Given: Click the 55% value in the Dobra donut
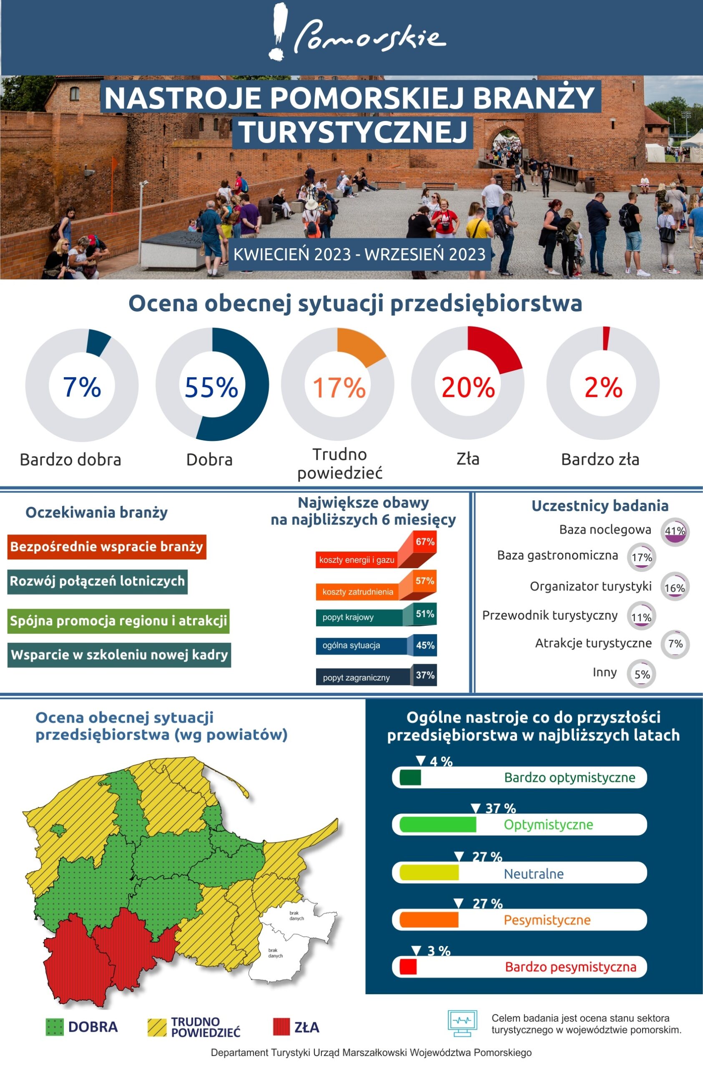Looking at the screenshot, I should [x=211, y=387].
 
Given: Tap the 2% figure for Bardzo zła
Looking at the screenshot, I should [x=603, y=387].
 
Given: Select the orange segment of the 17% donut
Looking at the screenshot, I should [x=360, y=348].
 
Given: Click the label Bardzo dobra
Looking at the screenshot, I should [x=70, y=459].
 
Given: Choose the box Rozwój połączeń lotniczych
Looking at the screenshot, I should [x=97, y=581].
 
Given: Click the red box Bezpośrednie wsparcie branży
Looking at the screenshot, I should [x=107, y=547].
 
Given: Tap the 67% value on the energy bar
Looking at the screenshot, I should [x=424, y=542].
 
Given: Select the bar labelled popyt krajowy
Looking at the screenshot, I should [x=359, y=617].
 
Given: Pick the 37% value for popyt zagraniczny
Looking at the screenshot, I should [x=425, y=675].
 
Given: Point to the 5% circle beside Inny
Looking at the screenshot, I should [x=642, y=674].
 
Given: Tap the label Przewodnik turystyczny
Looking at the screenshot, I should [x=550, y=615].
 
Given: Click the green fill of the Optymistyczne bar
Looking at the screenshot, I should [x=437, y=824].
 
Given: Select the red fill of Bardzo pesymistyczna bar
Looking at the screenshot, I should [x=408, y=967].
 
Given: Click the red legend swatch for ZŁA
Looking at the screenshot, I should [x=281, y=1027].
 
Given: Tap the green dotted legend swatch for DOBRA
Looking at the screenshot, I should [x=55, y=1027].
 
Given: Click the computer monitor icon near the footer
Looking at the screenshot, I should [x=462, y=1023].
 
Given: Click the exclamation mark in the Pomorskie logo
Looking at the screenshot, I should [x=279, y=31].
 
